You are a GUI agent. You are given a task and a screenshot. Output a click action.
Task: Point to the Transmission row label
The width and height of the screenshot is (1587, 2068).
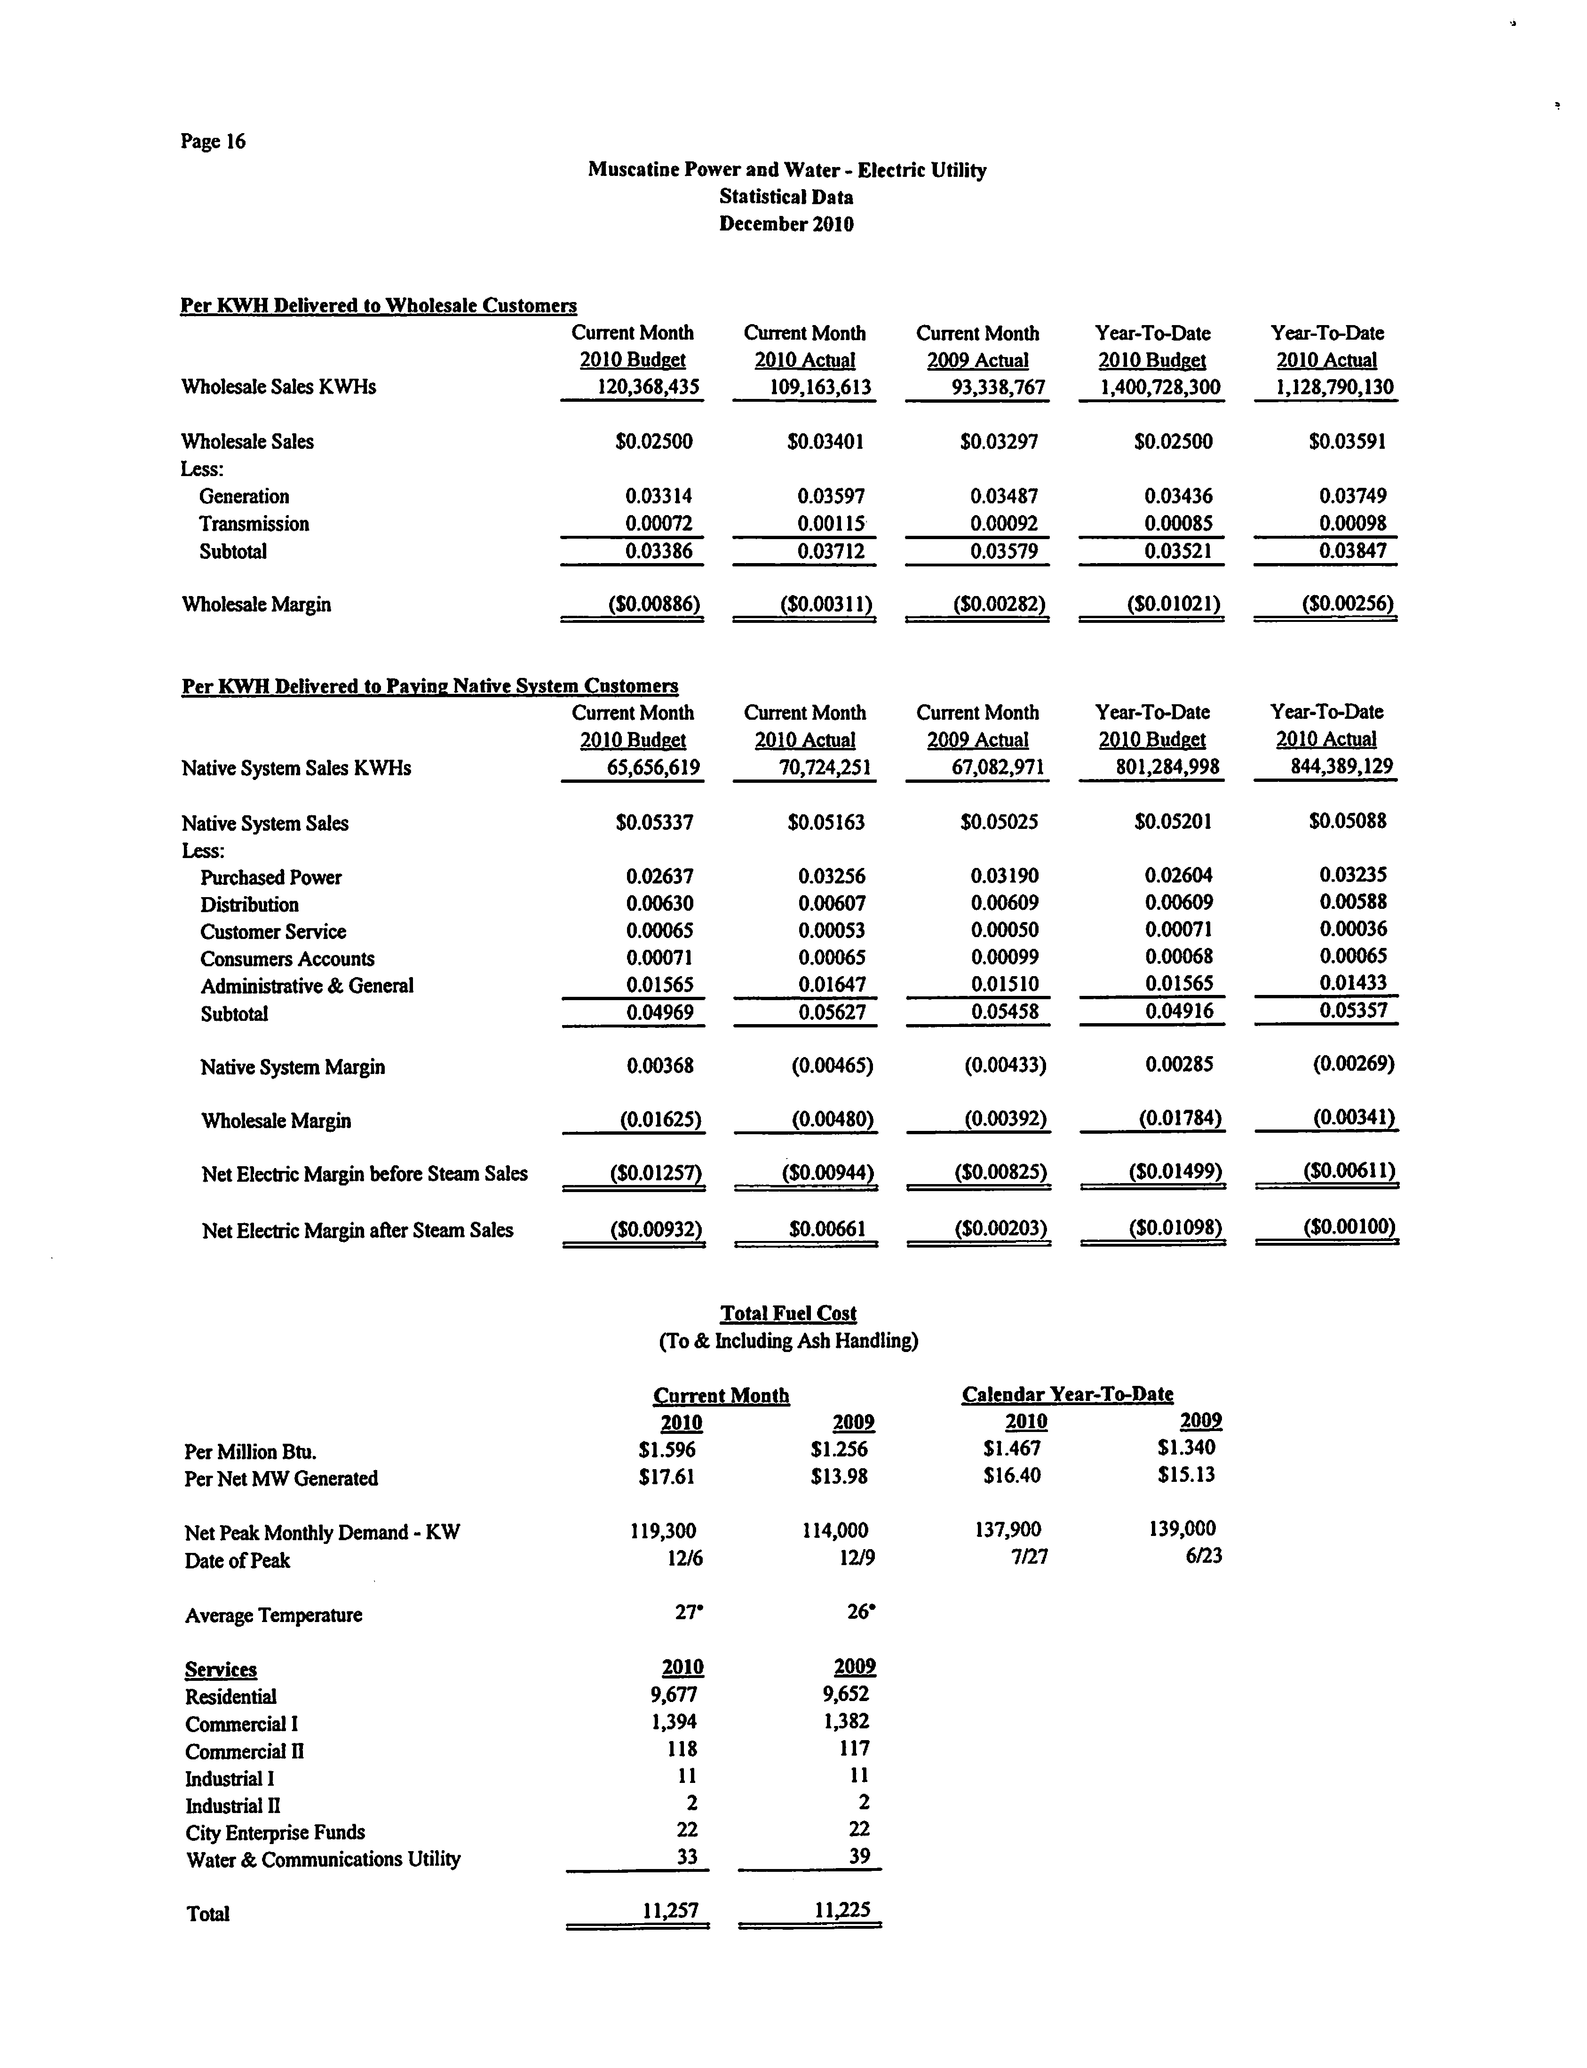(253, 524)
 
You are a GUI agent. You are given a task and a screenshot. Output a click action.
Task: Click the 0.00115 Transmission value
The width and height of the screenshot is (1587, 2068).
(831, 524)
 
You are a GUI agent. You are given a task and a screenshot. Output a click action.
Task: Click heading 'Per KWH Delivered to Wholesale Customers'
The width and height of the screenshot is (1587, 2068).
(378, 305)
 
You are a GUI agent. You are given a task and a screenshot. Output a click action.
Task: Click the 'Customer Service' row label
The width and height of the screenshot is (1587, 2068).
(273, 931)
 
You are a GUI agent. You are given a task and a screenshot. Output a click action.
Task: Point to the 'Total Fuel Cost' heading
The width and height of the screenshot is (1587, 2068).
(788, 1313)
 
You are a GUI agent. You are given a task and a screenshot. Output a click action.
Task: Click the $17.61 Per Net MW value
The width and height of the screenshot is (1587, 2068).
(667, 1476)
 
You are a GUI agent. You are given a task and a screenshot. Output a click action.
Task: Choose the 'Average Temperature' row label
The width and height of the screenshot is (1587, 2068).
(273, 1615)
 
